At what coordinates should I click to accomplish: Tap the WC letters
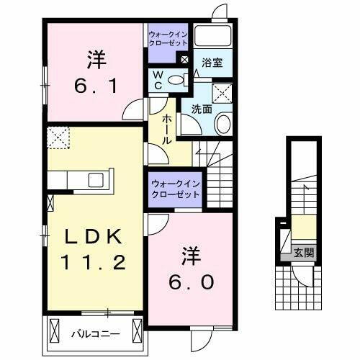pos(156,81)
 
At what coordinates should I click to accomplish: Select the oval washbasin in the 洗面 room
pos(222,122)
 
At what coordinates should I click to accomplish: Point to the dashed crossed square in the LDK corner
pos(57,135)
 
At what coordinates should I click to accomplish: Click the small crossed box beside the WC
pos(184,59)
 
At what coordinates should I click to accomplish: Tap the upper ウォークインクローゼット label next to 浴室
pos(168,37)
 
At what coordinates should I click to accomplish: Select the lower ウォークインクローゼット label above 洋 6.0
pos(176,190)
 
